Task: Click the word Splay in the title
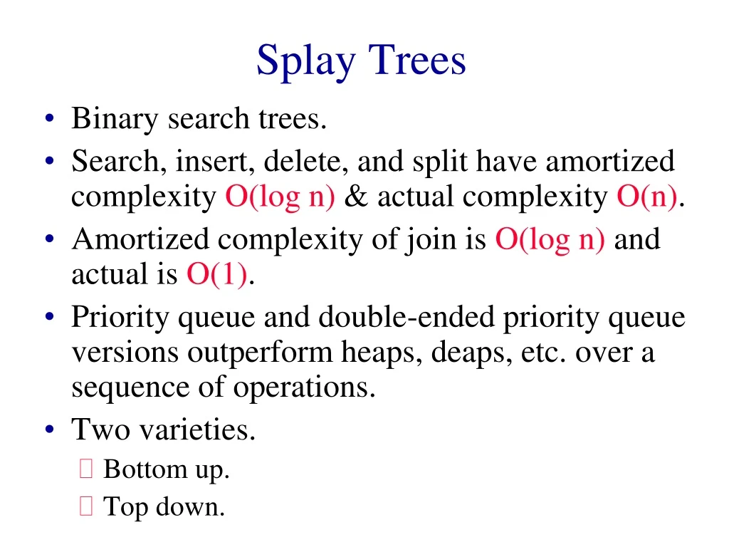pos(304,62)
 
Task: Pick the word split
pos(440,163)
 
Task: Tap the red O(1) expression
pos(217,274)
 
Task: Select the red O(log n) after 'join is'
pos(550,240)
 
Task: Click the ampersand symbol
pos(355,197)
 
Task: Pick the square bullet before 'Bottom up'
pos(86,469)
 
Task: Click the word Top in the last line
pos(123,508)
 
